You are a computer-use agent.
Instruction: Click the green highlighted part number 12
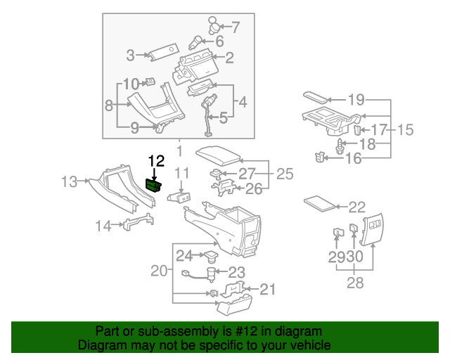153,185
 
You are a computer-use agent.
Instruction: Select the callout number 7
235,28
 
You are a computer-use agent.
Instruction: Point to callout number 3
131,55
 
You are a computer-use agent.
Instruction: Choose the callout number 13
69,182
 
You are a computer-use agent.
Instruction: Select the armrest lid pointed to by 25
218,154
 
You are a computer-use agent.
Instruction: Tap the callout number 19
356,99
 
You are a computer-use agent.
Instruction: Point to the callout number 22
357,207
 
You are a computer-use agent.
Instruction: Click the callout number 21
268,289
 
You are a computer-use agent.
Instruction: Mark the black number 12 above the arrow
155,160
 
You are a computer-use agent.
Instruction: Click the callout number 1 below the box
179,150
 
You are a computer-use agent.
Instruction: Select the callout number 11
183,173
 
